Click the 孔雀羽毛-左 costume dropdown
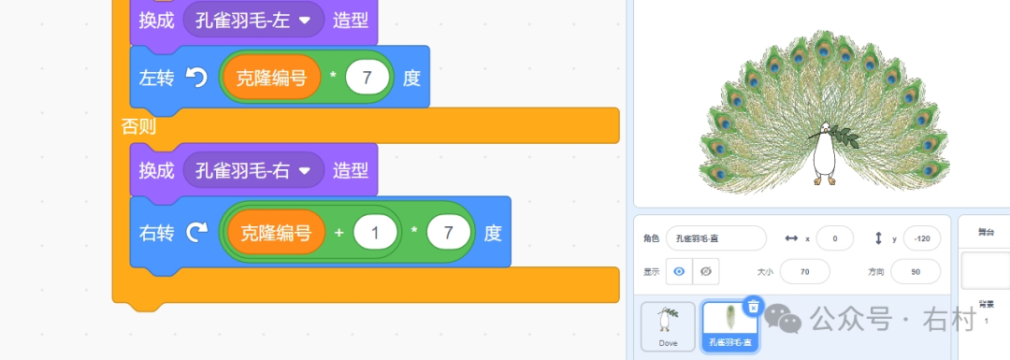(254, 20)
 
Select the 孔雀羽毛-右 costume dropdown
(254, 171)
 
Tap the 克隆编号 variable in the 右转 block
(276, 233)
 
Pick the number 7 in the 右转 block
(449, 233)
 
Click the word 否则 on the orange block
(138, 126)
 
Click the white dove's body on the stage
(824, 157)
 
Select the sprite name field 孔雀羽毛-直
(716, 238)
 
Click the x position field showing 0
(834, 238)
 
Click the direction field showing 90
(915, 271)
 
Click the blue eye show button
(679, 271)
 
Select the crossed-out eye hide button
(706, 271)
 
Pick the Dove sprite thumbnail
(668, 325)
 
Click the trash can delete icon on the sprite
(754, 306)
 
